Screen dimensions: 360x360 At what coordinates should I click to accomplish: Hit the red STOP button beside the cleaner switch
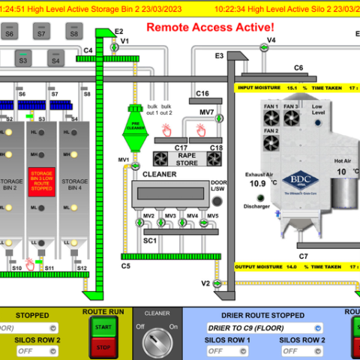(104, 346)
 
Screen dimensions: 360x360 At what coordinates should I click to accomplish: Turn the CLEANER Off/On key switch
(157, 339)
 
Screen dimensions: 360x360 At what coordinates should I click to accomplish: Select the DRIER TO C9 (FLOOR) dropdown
(265, 328)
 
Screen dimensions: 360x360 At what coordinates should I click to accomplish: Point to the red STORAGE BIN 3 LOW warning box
(42, 181)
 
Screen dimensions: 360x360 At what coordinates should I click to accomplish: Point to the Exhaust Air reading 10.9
(257, 183)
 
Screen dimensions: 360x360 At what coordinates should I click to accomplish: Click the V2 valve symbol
(217, 283)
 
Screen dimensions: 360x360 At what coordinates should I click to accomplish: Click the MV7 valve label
(207, 112)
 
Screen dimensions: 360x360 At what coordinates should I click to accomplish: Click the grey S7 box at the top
(41, 32)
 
